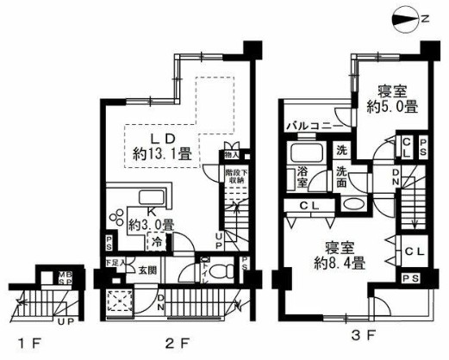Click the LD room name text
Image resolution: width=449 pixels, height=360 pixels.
pyautogui.click(x=164, y=139)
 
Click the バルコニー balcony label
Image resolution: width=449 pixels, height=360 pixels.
pyautogui.click(x=311, y=126)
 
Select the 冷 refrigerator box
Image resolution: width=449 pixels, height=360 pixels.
pyautogui.click(x=156, y=243)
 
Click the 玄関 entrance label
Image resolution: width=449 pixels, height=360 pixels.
pyautogui.click(x=145, y=270)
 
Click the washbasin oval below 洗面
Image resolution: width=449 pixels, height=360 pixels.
pyautogui.click(x=351, y=206)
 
